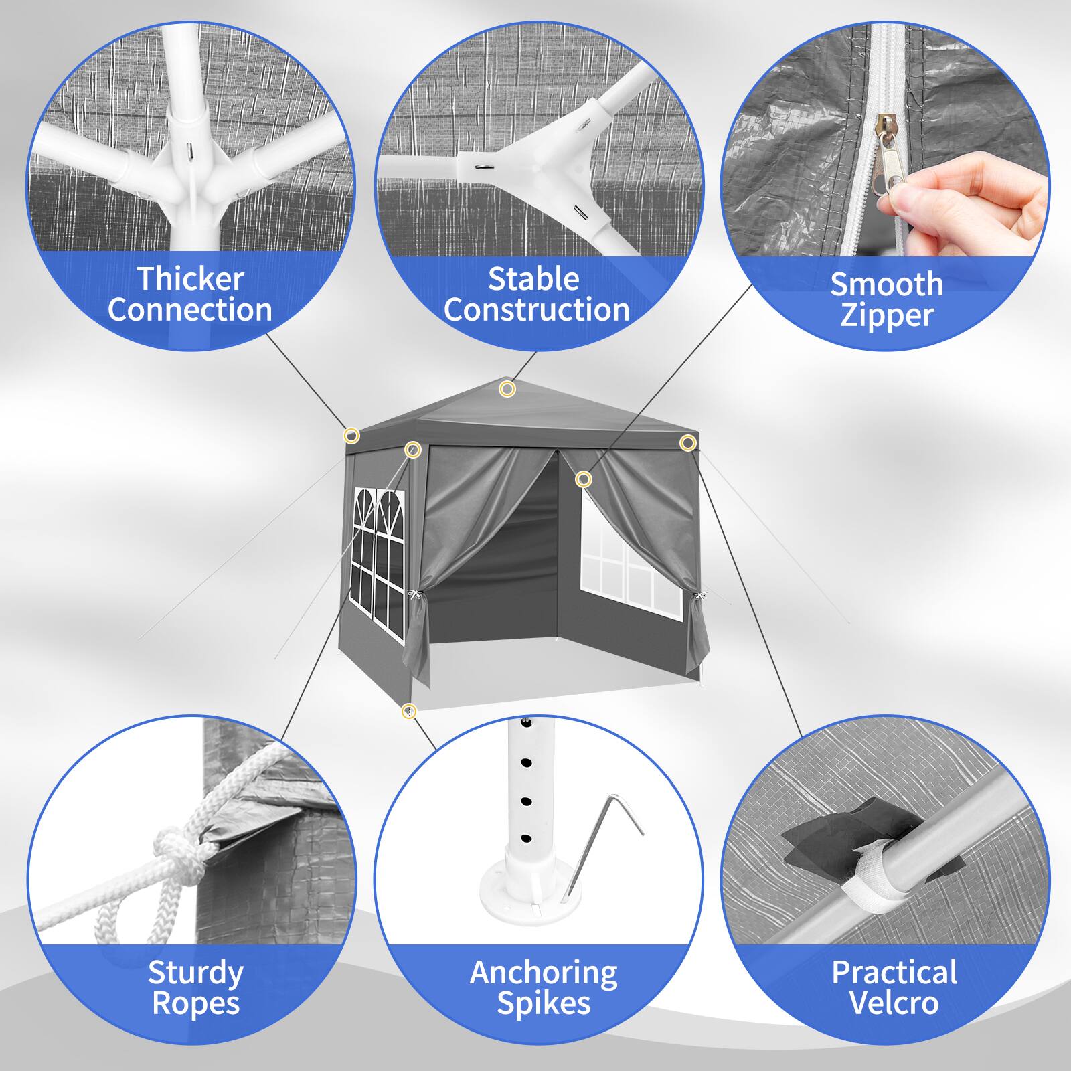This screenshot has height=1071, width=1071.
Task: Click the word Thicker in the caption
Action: pyautogui.click(x=191, y=279)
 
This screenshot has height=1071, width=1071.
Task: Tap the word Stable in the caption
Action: pyautogui.click(x=533, y=279)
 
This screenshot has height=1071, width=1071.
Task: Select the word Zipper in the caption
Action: pyautogui.click(x=886, y=315)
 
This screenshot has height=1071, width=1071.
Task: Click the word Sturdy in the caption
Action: pyautogui.click(x=195, y=973)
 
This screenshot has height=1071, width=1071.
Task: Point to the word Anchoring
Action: pyautogui.click(x=544, y=973)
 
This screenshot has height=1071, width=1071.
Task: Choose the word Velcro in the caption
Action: pyautogui.click(x=894, y=1003)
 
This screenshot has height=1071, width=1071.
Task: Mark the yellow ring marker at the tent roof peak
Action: pyautogui.click(x=507, y=388)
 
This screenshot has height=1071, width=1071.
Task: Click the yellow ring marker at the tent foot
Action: pyautogui.click(x=408, y=711)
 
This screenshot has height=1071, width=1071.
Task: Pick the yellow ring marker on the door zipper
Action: pyautogui.click(x=584, y=479)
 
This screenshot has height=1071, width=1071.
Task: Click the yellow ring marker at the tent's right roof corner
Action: pyautogui.click(x=687, y=442)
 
